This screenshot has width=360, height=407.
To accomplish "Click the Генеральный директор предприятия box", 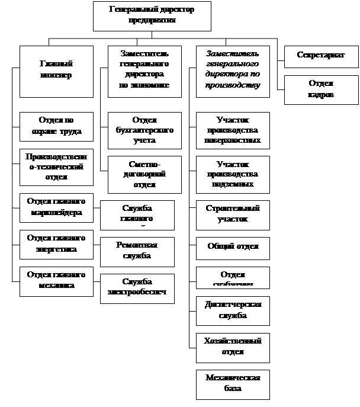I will pyautogui.click(x=152, y=15).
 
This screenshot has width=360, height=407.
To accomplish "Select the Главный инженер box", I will pyautogui.click(x=56, y=71).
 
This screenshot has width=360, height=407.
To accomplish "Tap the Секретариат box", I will pyautogui.click(x=321, y=56).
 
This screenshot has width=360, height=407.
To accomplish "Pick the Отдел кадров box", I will pyautogui.click(x=321, y=89).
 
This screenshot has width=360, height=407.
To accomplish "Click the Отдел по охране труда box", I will pyautogui.click(x=56, y=126).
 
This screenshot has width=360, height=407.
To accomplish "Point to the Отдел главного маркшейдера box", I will pyautogui.click(x=56, y=207).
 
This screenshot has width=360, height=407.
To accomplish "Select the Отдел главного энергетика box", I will pyautogui.click(x=56, y=243).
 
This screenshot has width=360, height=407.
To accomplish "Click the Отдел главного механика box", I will pyautogui.click(x=56, y=280).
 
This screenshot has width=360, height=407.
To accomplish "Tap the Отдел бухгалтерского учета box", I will pyautogui.click(x=144, y=130).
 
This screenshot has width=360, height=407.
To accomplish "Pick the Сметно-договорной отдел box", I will pyautogui.click(x=144, y=174).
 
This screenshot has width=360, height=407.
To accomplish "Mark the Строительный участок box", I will pyautogui.click(x=233, y=214).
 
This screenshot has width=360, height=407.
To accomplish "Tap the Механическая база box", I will pyautogui.click(x=233, y=384).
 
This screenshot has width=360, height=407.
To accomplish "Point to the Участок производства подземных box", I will pyautogui.click(x=233, y=174).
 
